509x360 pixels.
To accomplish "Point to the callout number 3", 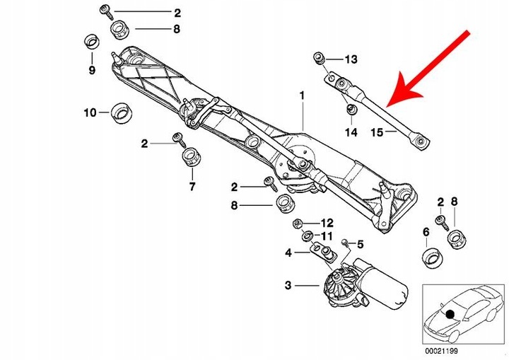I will [x=288, y=286].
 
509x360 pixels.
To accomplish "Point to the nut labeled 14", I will [x=350, y=110].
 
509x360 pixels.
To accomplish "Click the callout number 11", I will [x=327, y=236].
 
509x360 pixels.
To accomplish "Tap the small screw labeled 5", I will [x=344, y=243].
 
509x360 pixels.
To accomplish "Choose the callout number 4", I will [x=288, y=252].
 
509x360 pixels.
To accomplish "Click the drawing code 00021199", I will [x=443, y=351].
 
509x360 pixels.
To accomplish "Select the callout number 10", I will [x=90, y=112].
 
